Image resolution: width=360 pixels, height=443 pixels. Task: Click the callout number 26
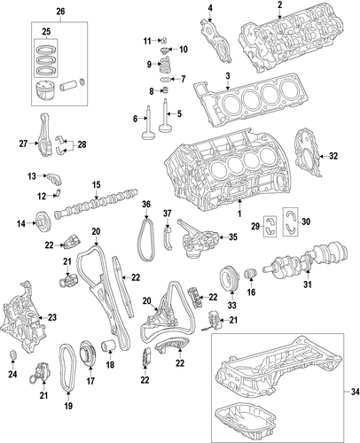click(x=60, y=12)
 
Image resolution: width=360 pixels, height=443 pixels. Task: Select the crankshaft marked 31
click(x=306, y=260)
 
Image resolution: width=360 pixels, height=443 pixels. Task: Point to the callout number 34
click(x=355, y=392)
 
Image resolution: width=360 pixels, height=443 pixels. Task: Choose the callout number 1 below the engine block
click(x=239, y=214)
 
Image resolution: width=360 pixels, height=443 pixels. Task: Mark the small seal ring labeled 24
click(x=12, y=355)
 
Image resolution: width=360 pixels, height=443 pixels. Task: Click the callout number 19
click(x=68, y=406)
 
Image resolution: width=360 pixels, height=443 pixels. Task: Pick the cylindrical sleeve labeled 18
click(x=109, y=346)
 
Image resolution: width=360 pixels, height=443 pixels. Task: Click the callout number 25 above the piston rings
click(x=46, y=32)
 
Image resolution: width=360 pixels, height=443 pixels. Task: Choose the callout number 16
click(x=251, y=292)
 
